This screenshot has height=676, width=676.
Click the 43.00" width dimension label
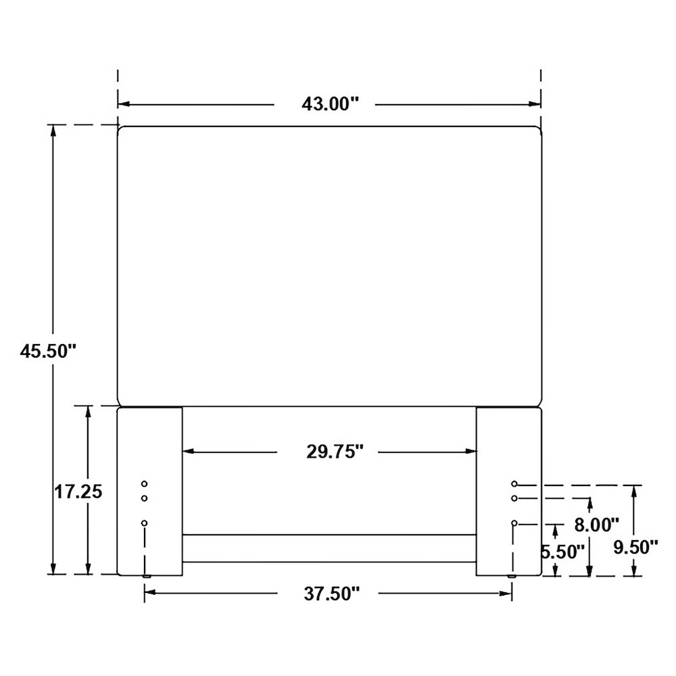[330, 104]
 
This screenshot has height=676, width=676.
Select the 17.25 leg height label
[78, 491]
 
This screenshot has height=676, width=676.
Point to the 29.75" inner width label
[335, 452]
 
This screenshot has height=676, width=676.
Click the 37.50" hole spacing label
[331, 594]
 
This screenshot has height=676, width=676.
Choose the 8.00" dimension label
[597, 525]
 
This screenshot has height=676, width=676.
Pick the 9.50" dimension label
[636, 548]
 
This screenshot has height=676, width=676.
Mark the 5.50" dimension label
[563, 552]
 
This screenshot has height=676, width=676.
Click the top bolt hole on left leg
[145, 484]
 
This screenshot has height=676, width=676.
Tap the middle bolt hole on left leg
[145, 498]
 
